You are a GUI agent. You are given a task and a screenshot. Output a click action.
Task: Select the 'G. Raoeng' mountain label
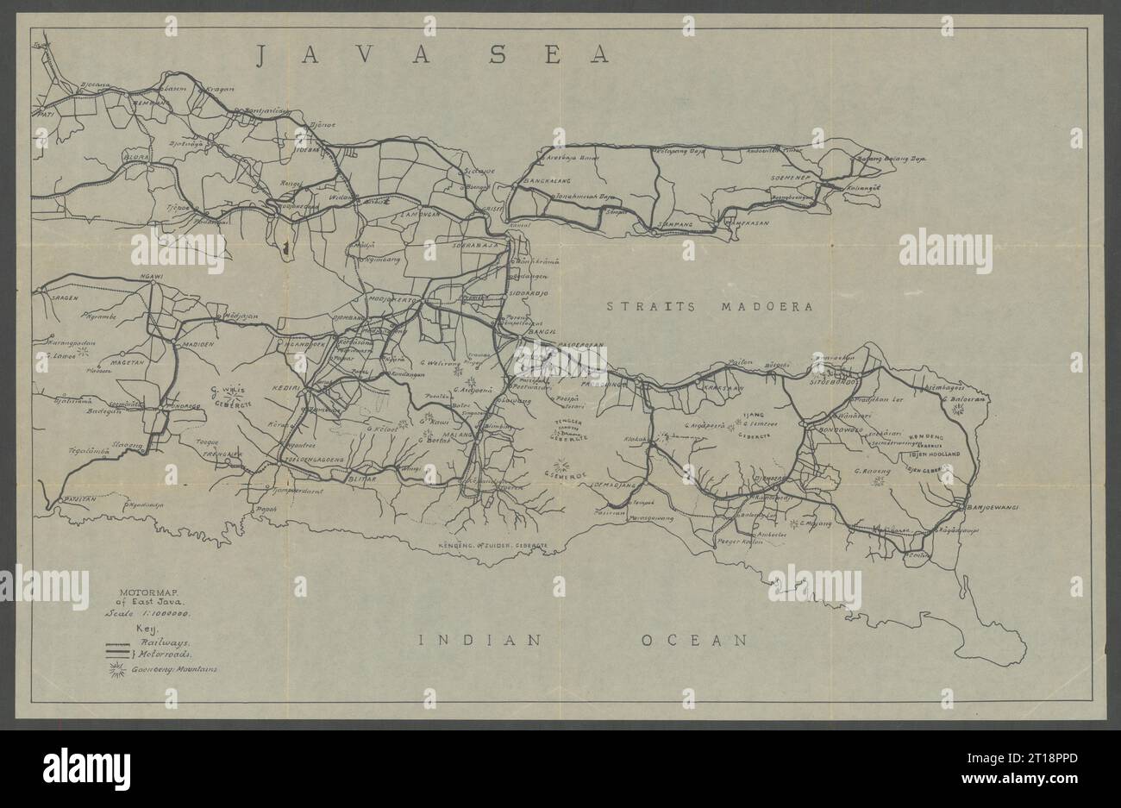click(871, 471)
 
